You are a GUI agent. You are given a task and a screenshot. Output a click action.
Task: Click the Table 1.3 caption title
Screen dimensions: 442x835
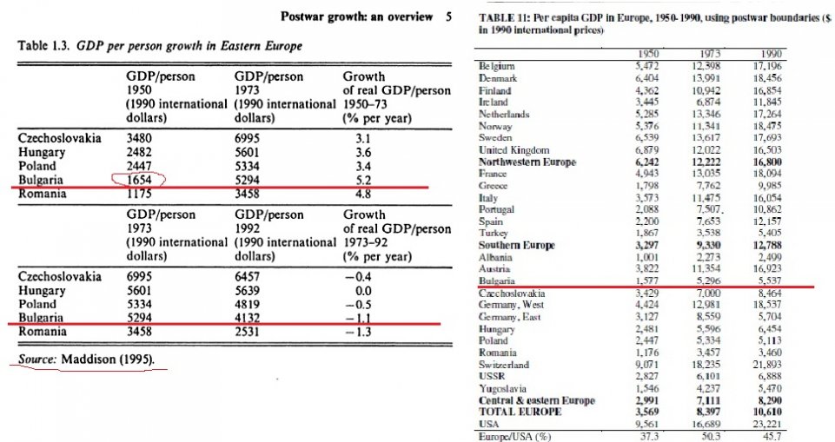[161, 45]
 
